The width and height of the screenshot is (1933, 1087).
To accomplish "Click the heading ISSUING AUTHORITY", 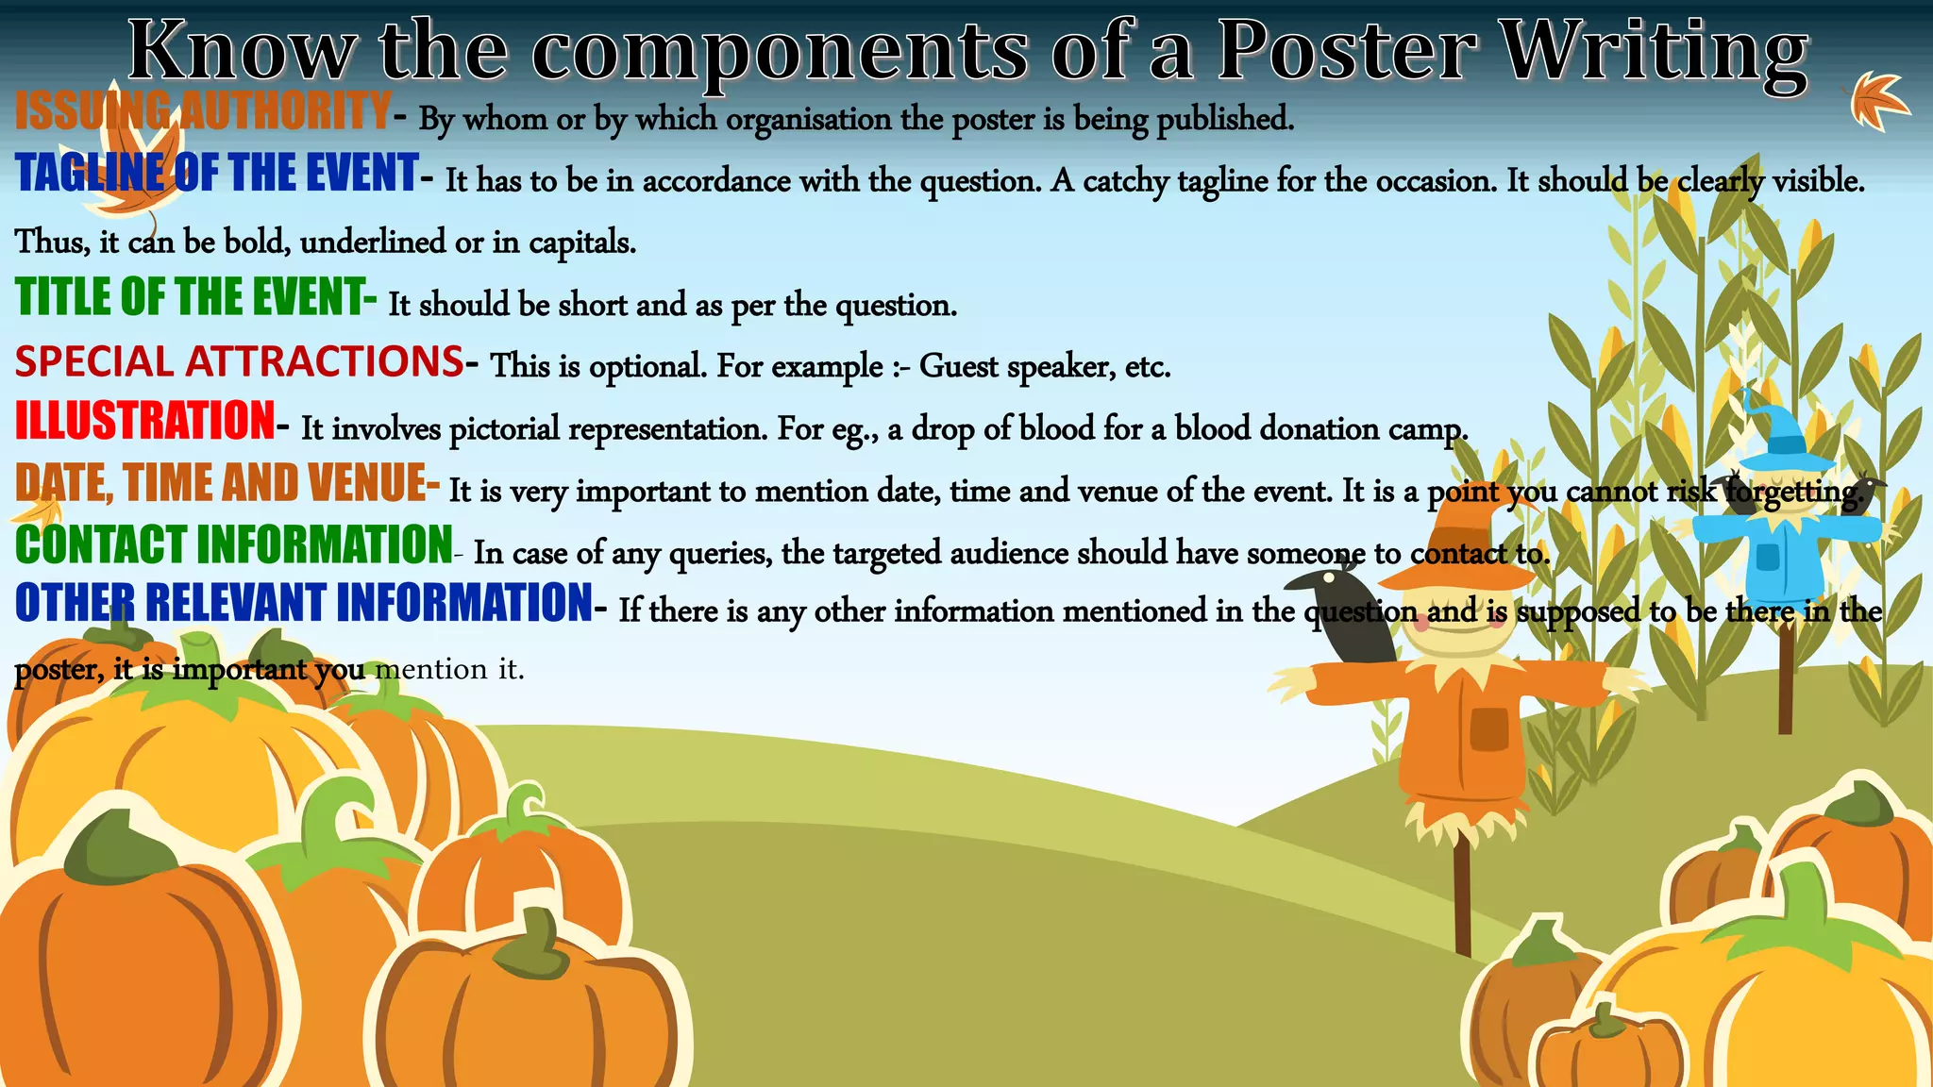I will click(x=202, y=110).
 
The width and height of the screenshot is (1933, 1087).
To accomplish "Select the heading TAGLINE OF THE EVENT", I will click(x=217, y=174).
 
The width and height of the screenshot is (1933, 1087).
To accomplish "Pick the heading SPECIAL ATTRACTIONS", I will click(x=240, y=362).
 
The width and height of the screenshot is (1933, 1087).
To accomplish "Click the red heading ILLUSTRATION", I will click(x=145, y=421).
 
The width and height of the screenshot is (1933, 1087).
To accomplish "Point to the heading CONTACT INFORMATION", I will click(x=234, y=545).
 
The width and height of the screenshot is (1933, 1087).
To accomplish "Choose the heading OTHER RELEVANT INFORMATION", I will click(x=304, y=604).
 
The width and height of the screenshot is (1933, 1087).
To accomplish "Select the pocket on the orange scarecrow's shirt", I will click(x=1488, y=728).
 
